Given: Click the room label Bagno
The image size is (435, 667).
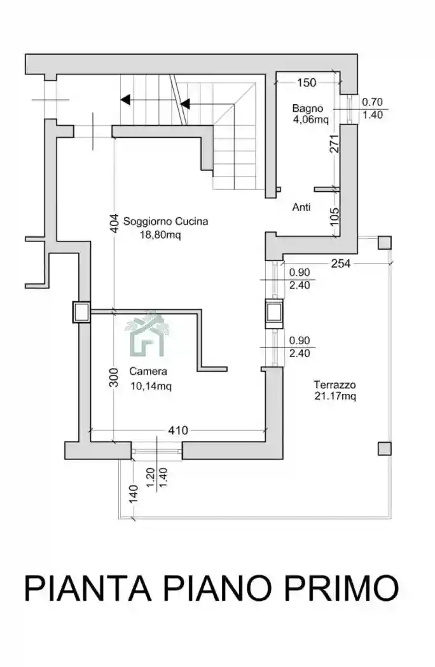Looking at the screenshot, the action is (307, 109).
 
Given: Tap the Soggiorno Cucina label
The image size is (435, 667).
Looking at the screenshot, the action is (166, 221).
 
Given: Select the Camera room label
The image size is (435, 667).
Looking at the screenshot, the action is (148, 372).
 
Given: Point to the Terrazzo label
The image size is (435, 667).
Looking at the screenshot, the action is (335, 384).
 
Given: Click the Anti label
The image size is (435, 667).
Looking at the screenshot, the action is (301, 207).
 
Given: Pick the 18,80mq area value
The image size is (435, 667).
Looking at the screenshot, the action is (160, 234).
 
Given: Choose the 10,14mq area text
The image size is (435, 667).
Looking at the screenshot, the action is (151, 386).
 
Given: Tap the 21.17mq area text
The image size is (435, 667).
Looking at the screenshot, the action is (335, 396).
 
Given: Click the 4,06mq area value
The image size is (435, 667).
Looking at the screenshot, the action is (310, 119).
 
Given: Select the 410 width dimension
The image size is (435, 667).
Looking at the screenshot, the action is (178, 431).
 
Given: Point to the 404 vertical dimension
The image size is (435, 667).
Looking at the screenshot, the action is (114, 224).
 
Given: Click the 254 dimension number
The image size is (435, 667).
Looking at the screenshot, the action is (341, 264).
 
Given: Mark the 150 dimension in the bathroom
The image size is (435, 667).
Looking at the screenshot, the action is (307, 83).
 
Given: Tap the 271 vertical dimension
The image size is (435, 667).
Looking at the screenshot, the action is (335, 144).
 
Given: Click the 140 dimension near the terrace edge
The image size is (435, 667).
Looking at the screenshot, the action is (134, 494).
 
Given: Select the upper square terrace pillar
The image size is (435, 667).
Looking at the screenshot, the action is (384, 243).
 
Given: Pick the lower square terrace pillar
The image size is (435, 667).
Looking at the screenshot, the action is (384, 448).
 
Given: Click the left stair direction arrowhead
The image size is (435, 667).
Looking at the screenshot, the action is (125, 100).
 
